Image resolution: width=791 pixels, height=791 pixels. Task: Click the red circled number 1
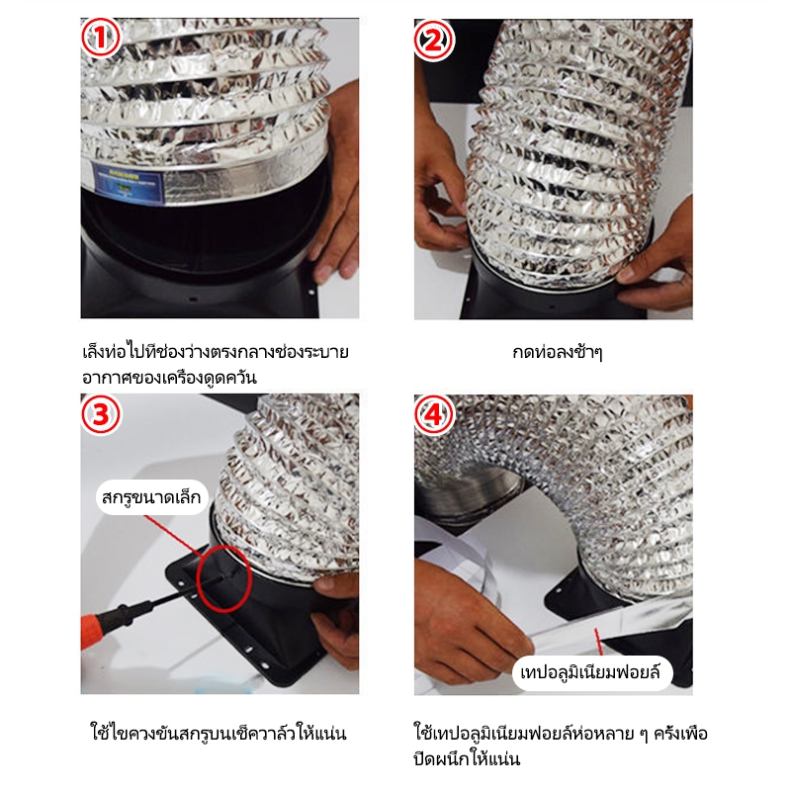101,38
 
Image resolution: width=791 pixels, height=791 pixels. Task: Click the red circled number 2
434,40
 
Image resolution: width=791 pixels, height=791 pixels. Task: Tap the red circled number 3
101,414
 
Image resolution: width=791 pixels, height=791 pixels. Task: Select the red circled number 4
434,415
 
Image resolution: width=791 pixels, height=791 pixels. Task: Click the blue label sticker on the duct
128,183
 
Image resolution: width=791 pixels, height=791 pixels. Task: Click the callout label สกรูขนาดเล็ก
151,497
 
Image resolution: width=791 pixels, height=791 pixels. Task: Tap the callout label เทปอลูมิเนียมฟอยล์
591,673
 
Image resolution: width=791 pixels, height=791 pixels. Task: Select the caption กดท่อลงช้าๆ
557,352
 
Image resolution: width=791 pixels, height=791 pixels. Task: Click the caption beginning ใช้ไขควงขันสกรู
219,733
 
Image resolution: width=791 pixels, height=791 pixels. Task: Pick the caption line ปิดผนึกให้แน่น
467,758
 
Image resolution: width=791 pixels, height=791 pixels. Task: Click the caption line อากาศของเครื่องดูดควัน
169,378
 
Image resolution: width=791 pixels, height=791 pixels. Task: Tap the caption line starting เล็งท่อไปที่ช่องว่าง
216,352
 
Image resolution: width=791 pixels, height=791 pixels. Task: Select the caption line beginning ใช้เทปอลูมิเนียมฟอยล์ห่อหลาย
561,733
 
